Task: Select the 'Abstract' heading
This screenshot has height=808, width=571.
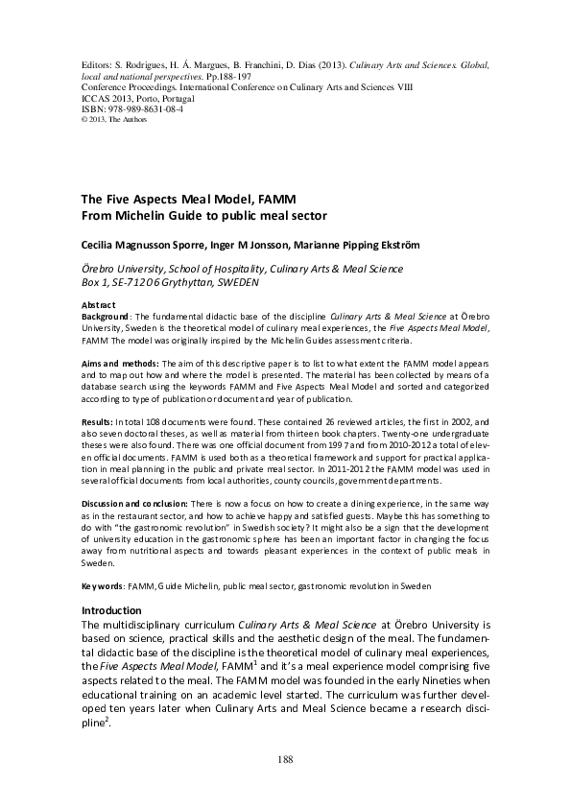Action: click(99, 304)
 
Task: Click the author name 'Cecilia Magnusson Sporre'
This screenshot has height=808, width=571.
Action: click(142, 244)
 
